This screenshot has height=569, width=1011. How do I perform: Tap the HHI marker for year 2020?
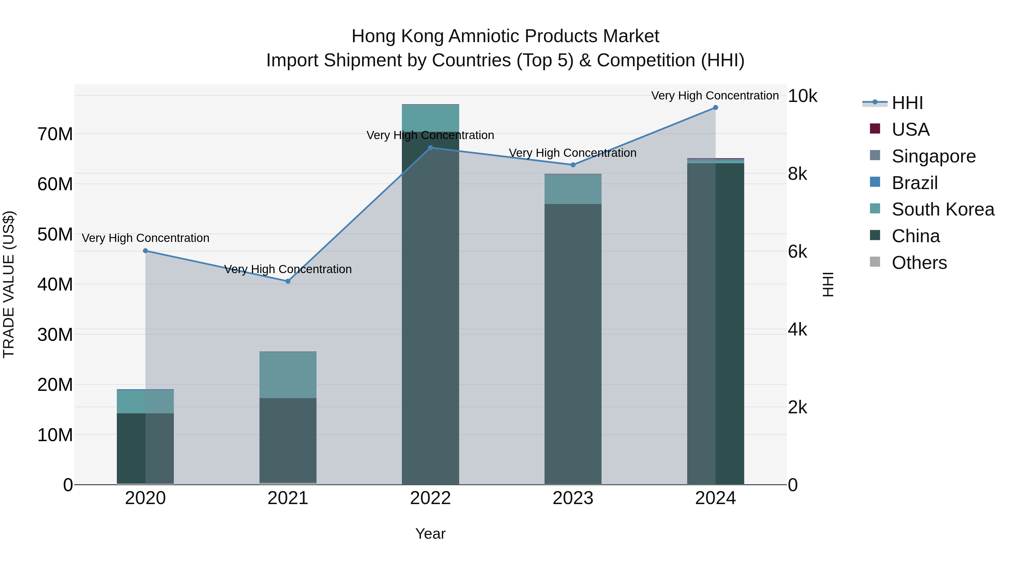click(x=145, y=251)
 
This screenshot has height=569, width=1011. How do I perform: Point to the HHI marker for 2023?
click(x=573, y=165)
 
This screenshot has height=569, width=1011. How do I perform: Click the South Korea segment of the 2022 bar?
click(x=430, y=118)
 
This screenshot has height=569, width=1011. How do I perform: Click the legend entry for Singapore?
click(x=933, y=156)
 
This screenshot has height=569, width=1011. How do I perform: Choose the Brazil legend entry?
click(x=914, y=183)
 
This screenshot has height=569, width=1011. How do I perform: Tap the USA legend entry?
click(x=910, y=130)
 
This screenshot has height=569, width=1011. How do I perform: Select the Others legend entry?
click(x=919, y=263)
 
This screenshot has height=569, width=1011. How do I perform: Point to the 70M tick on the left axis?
click(x=55, y=134)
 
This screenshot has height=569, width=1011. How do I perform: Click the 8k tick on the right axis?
click(x=798, y=174)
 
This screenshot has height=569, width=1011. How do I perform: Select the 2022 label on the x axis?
click(x=430, y=498)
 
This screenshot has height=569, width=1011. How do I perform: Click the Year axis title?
click(x=430, y=534)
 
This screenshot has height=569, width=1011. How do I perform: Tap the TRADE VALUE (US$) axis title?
click(x=9, y=284)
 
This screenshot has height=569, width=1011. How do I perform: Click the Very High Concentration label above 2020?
click(x=145, y=238)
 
